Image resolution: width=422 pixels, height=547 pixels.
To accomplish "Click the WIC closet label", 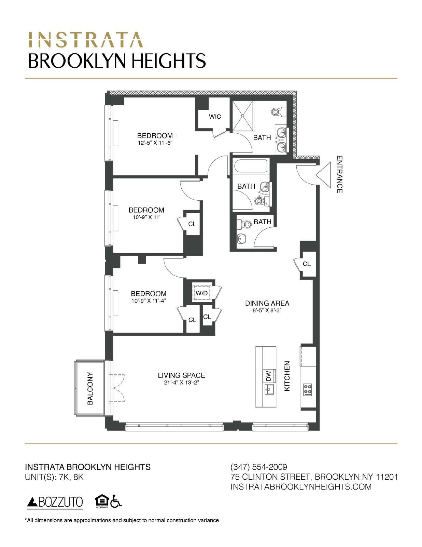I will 215,117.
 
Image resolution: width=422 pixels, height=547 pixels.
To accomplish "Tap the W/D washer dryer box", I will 201,293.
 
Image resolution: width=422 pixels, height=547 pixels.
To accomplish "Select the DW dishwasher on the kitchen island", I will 268,376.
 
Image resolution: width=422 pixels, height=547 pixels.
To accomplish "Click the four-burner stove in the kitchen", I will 308,389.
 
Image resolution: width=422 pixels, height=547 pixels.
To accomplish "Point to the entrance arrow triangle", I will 324,175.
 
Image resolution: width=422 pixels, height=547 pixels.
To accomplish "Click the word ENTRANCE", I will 339,174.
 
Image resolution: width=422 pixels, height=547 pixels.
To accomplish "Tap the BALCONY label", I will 90,388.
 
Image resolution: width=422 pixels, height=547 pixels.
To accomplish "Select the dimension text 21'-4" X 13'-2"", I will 181,383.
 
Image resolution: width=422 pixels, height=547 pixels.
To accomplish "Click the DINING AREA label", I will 267,303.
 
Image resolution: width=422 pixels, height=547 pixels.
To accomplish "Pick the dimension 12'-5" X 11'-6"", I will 155,143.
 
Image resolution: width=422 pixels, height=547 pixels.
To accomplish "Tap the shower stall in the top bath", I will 243,116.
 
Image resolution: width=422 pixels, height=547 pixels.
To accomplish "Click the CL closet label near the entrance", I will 307,264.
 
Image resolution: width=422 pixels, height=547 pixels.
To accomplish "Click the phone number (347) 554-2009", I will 259,467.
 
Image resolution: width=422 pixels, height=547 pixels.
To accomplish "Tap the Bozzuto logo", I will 55,502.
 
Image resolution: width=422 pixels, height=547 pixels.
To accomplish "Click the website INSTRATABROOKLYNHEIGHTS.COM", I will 301,486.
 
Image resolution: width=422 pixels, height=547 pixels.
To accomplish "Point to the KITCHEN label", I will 287,376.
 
